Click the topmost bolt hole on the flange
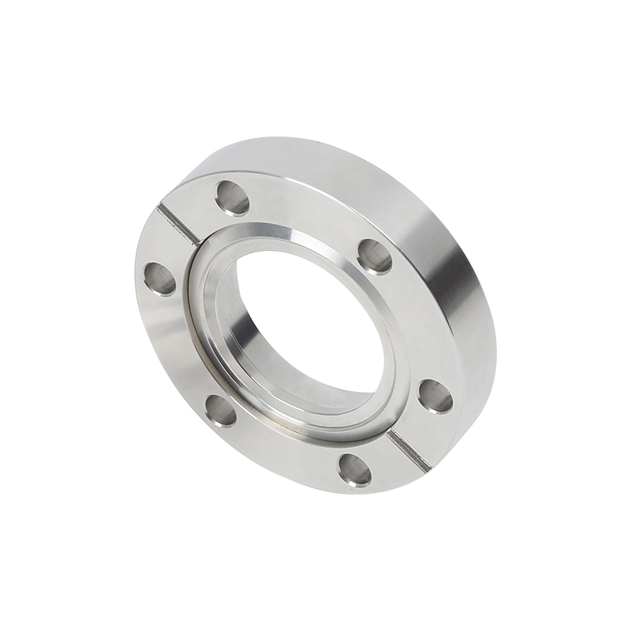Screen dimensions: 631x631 coord(233,197)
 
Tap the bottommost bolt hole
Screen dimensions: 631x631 coord(355,471)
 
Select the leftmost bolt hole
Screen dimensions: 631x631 coord(160,278)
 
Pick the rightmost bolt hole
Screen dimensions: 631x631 coord(435,396)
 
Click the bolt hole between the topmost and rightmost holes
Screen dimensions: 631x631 coord(375,256)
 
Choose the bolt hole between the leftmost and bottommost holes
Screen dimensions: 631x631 coord(220,410)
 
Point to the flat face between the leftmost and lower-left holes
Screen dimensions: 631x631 coord(177,347)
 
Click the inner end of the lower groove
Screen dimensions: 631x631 coord(391,435)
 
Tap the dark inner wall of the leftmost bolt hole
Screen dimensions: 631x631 coord(155,276)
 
